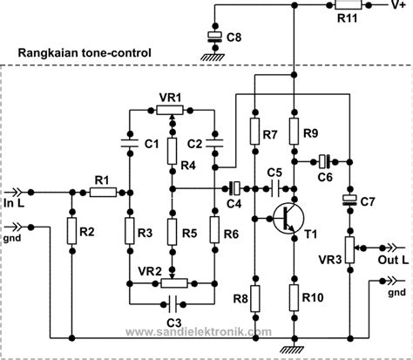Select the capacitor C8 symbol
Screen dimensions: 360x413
[x=212, y=37]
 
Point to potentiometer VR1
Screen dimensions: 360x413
[x=173, y=111]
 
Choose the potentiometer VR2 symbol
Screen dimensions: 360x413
[x=173, y=282]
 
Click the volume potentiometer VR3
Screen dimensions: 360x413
[x=350, y=248]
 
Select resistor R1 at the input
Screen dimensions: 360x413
[x=101, y=192]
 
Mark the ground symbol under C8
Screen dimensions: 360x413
[x=212, y=55]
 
